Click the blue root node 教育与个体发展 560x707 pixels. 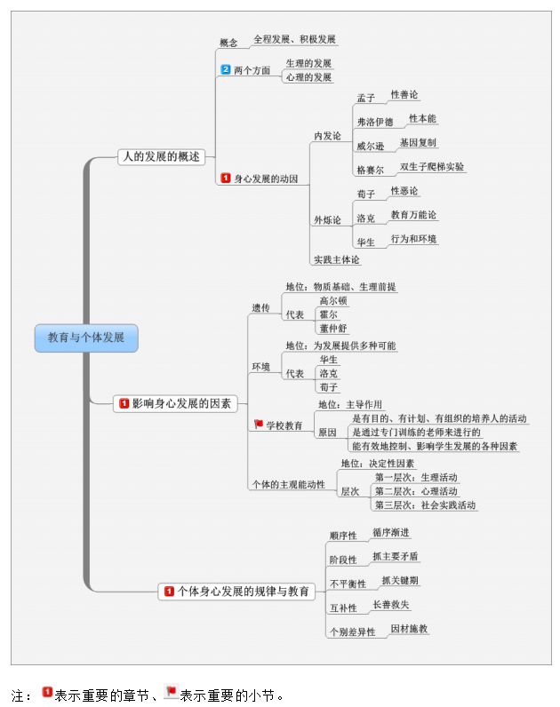coord(86,338)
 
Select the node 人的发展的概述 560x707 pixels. coord(160,157)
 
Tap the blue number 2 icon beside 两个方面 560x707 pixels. coord(226,70)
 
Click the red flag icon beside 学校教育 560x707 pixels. coord(259,425)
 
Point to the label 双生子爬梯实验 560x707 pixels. coord(432,166)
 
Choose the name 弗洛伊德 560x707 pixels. coord(374,122)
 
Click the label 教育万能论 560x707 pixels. coord(414,215)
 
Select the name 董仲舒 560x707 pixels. coord(334,328)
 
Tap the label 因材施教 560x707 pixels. coord(410,628)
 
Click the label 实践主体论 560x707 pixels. coord(337,260)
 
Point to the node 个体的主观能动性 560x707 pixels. coord(288,484)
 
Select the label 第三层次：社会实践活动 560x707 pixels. coord(425,504)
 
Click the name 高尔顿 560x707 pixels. coord(333,301)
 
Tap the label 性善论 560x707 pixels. coord(404,94)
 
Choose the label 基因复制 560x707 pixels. coord(418,142)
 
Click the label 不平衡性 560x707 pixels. coord(348,584)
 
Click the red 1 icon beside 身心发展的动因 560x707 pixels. coord(226,179)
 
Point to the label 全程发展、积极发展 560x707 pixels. coord(294,40)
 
